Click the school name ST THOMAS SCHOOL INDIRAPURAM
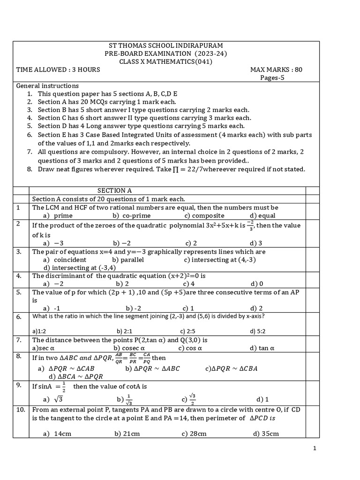(x=165, y=45)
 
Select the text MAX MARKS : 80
(x=276, y=70)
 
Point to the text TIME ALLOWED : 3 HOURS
(x=58, y=70)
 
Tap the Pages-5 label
(x=272, y=78)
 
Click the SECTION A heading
(x=114, y=190)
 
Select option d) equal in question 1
(x=262, y=216)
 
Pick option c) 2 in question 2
(x=191, y=243)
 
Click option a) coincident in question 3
(x=64, y=259)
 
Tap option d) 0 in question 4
(x=257, y=284)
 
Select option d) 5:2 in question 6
(x=258, y=331)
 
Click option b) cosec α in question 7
(x=129, y=348)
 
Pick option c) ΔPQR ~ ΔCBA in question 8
(x=231, y=368)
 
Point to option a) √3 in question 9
(x=53, y=399)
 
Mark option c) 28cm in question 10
(x=194, y=434)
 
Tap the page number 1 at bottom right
(x=315, y=449)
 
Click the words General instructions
(x=47, y=86)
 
